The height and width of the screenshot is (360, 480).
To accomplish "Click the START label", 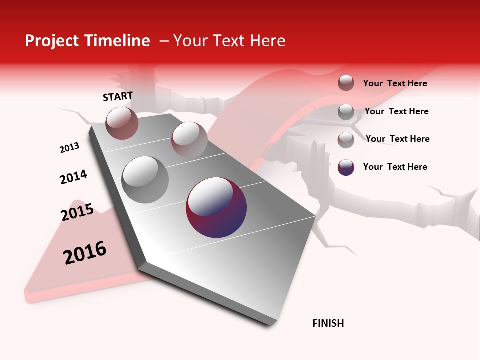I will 118,96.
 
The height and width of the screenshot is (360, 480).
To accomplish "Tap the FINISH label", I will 328,323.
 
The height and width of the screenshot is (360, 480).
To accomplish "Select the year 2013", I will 70,148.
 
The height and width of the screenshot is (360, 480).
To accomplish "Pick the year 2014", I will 73,177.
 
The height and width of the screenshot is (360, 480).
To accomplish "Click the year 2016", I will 85,253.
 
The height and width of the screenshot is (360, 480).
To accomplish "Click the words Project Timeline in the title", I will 87,41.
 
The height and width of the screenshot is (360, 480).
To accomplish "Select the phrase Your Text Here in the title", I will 229,41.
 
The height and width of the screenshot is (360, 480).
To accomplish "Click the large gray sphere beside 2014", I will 145,179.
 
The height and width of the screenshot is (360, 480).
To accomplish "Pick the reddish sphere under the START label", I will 122,123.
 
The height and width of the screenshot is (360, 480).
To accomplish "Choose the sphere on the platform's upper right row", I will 189,139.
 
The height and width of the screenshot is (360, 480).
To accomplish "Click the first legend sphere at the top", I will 346,83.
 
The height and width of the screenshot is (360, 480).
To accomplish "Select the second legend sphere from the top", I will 346,111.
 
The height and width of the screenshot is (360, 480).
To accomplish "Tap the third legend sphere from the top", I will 346,139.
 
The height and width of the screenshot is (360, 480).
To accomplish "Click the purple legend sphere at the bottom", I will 346,167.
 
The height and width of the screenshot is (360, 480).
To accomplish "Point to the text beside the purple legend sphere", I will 395,167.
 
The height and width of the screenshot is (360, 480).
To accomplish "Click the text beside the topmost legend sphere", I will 395,83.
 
